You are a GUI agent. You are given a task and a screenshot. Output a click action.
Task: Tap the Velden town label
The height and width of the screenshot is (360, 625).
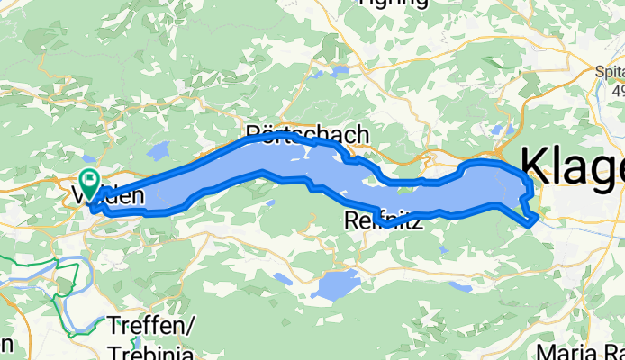point(106,193)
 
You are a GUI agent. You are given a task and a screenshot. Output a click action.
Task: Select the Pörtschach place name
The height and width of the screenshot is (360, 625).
point(307,134)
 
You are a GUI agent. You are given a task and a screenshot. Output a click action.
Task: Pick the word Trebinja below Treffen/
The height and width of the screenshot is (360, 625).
point(152,351)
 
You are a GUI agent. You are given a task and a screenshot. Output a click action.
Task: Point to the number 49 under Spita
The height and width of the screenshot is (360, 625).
point(617,93)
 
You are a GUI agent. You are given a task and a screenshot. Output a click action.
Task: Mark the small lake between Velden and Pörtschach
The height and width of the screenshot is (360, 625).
point(159,149)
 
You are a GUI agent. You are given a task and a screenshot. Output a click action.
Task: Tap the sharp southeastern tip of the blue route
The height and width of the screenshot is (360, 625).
point(538,217)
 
